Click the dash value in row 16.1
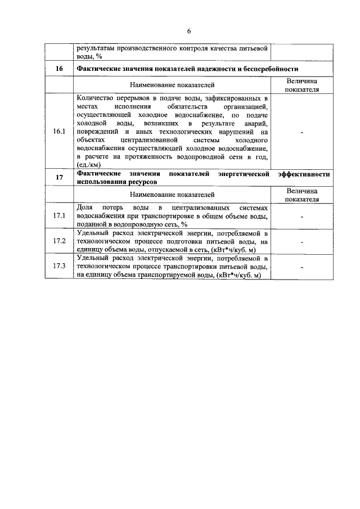tap(302, 131)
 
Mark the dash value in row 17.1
tap(302, 217)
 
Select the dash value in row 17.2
tap(302, 242)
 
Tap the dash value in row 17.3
tap(302, 267)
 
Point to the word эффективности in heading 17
tap(304, 174)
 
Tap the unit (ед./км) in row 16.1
tap(89, 165)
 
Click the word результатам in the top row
tap(97, 48)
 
